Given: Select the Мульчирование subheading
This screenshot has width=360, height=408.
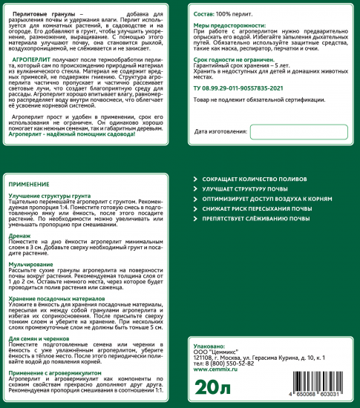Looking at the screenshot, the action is [x=32, y=263].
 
